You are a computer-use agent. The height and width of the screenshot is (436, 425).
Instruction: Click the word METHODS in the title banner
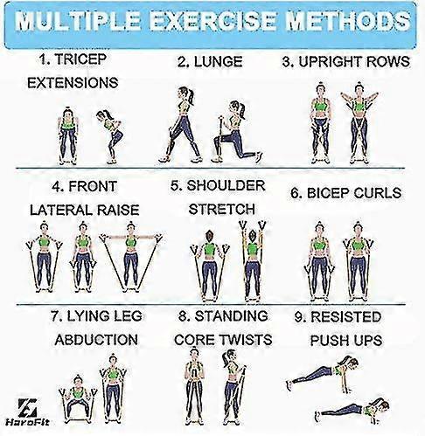[x=347, y=21]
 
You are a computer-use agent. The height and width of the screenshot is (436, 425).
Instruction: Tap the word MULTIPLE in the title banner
[x=77, y=21]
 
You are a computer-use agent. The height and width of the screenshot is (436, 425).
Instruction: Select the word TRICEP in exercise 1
[x=80, y=59]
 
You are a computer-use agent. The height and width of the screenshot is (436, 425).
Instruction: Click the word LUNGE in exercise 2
[x=218, y=61]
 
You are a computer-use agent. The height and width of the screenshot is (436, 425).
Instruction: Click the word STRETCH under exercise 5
[x=222, y=209]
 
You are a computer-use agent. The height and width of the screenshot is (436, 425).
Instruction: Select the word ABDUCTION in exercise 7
[x=96, y=340]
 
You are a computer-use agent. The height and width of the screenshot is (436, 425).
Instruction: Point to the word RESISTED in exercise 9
[x=346, y=316]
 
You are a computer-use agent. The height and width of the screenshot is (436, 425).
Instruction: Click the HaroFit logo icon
[x=27, y=407]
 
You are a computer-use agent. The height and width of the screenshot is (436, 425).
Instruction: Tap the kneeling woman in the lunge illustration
[x=236, y=132]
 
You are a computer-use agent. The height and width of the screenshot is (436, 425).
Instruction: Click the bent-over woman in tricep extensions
[x=110, y=136]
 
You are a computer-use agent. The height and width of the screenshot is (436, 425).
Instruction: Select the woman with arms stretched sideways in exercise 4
[x=130, y=257]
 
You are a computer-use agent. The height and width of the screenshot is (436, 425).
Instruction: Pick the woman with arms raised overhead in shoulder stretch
[x=252, y=260]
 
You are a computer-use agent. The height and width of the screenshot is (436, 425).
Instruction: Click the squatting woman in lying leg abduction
[x=78, y=398]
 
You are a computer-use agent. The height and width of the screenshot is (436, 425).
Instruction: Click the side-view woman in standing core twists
[x=233, y=387]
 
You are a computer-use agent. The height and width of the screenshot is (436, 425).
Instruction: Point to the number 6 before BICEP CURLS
[x=296, y=193]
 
